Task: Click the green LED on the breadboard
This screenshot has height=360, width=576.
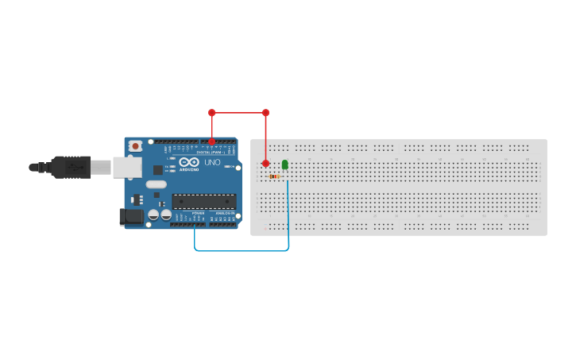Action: point(284,165)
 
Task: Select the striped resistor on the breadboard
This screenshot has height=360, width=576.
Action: point(274,176)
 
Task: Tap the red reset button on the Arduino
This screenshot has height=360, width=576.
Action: point(136,146)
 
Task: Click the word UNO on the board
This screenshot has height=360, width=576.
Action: point(212,162)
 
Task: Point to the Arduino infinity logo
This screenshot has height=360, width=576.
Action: point(189,161)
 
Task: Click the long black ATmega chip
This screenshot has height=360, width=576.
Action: point(204,201)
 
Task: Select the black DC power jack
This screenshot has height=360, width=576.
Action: point(130,216)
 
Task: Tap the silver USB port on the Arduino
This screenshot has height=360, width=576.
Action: point(126,167)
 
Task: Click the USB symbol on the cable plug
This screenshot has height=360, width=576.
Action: point(76,167)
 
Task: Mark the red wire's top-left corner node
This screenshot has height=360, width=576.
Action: point(211,113)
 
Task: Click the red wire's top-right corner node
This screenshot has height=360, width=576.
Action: point(265,113)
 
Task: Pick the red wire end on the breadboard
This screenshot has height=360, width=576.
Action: point(265,163)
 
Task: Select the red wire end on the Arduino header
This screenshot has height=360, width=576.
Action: point(211,141)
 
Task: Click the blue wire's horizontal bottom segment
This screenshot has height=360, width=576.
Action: point(242,250)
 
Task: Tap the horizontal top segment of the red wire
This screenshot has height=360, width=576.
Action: point(238,113)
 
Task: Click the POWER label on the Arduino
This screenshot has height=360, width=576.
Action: point(198,214)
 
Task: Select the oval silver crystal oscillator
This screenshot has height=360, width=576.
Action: point(156,184)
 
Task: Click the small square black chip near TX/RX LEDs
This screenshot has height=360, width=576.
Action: point(158,169)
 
